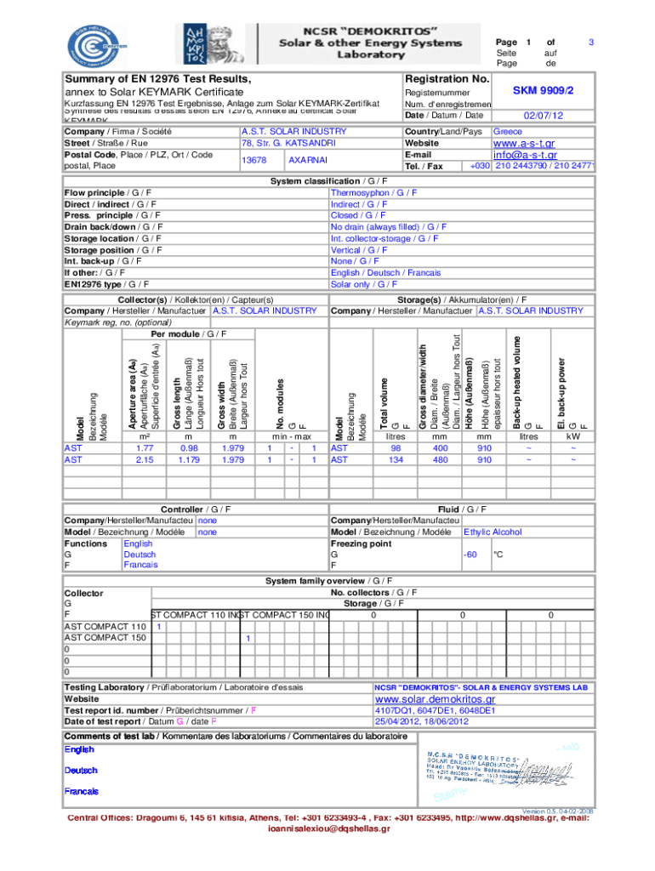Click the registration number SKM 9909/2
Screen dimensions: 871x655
click(x=544, y=89)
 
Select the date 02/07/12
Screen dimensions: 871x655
click(x=544, y=116)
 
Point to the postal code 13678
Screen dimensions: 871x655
click(x=254, y=160)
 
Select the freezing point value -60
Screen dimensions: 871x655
click(x=470, y=555)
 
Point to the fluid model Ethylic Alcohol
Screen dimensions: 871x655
click(x=493, y=532)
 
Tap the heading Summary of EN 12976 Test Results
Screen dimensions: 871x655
click(x=158, y=79)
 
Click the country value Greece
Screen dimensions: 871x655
click(x=508, y=132)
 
